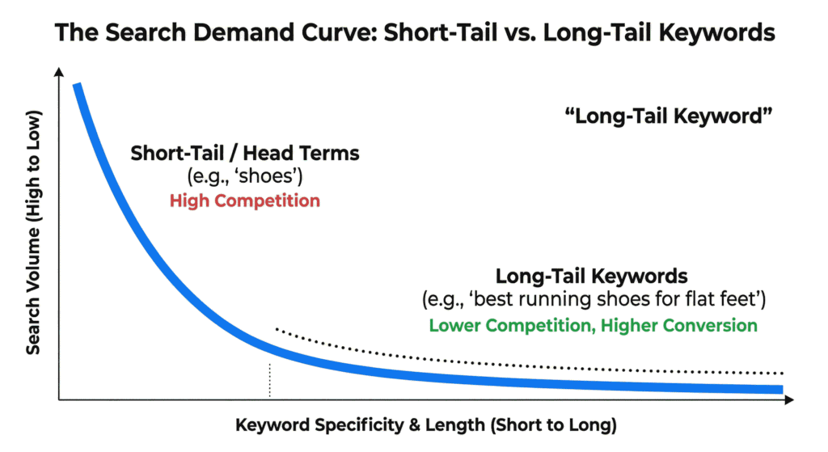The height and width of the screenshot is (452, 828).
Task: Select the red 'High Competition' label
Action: pyautogui.click(x=245, y=201)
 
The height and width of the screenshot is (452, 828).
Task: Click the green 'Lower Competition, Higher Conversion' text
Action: pyautogui.click(x=593, y=325)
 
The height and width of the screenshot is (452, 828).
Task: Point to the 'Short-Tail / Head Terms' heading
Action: pyautogui.click(x=245, y=153)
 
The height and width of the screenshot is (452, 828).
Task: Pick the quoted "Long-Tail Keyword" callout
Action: pyautogui.click(x=669, y=116)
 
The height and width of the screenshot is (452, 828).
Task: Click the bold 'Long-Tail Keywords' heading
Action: pyautogui.click(x=591, y=277)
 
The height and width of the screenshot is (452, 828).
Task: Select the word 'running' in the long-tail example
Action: pyautogui.click(x=556, y=299)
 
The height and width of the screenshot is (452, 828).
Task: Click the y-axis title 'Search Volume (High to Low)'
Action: pyautogui.click(x=33, y=232)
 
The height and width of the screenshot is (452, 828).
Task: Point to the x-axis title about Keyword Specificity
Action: pyautogui.click(x=426, y=425)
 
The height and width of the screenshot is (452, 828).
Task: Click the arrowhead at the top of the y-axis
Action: pyautogui.click(x=59, y=71)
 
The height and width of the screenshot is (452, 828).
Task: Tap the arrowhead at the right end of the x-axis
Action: pyautogui.click(x=789, y=399)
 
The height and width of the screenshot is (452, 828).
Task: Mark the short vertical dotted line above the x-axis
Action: pyautogui.click(x=270, y=380)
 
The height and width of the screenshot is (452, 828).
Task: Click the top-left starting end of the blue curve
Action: pyautogui.click(x=77, y=84)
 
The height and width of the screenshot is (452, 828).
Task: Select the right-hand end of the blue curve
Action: pyautogui.click(x=782, y=389)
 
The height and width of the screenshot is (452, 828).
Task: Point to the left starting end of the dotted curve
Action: pyautogui.click(x=277, y=328)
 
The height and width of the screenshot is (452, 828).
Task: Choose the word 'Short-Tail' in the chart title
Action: pyautogui.click(x=441, y=32)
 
